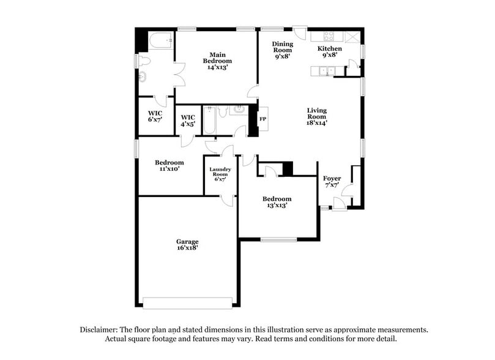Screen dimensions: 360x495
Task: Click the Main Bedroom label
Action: pyautogui.click(x=217, y=61)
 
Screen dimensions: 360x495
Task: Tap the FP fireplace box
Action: pyautogui.click(x=263, y=119)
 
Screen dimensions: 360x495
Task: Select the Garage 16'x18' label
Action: pyautogui.click(x=187, y=245)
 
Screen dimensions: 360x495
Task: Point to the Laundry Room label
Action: pyautogui.click(x=219, y=174)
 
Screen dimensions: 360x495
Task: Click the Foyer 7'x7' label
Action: pyautogui.click(x=332, y=182)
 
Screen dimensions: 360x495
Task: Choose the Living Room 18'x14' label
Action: pyautogui.click(x=317, y=116)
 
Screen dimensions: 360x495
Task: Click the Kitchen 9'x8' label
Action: pyautogui.click(x=330, y=51)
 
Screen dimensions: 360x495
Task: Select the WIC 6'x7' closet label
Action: pyautogui.click(x=155, y=116)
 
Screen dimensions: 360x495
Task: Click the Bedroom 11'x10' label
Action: pyautogui.click(x=169, y=165)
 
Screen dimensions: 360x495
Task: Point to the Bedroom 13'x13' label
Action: pyautogui.click(x=277, y=202)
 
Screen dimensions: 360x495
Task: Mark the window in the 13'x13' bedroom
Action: pyautogui.click(x=278, y=239)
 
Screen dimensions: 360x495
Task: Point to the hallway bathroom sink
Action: pyautogui.click(x=239, y=110)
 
